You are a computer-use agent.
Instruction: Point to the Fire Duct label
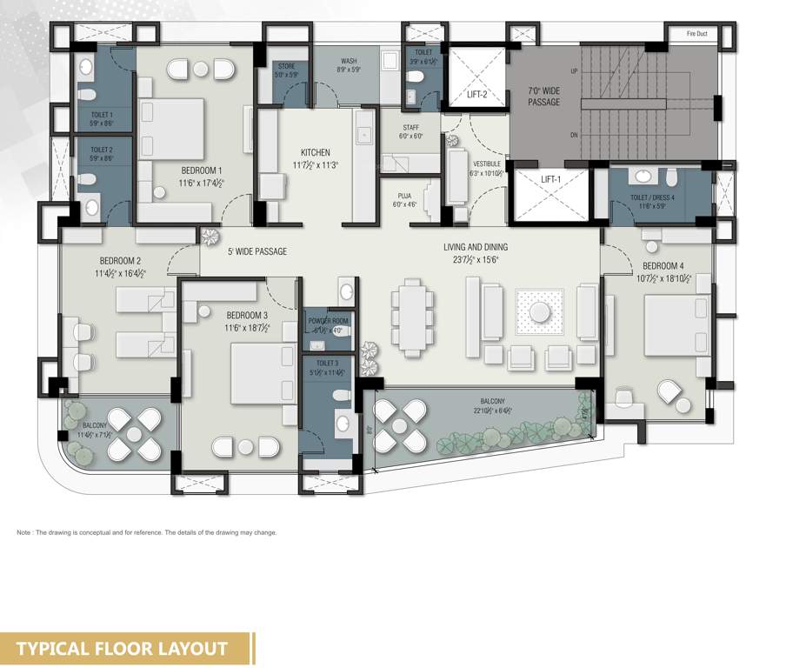(x=697, y=34)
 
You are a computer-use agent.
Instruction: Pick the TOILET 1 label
(x=102, y=114)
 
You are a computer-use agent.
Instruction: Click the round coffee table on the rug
(x=539, y=311)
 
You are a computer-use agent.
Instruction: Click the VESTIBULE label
(x=487, y=163)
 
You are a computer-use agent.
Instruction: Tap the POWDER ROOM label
(x=328, y=321)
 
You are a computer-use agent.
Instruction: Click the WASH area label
(x=348, y=61)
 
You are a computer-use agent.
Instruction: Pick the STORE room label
(x=286, y=66)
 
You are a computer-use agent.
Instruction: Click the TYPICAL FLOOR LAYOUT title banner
(x=122, y=648)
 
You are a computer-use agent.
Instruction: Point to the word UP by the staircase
(x=574, y=71)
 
